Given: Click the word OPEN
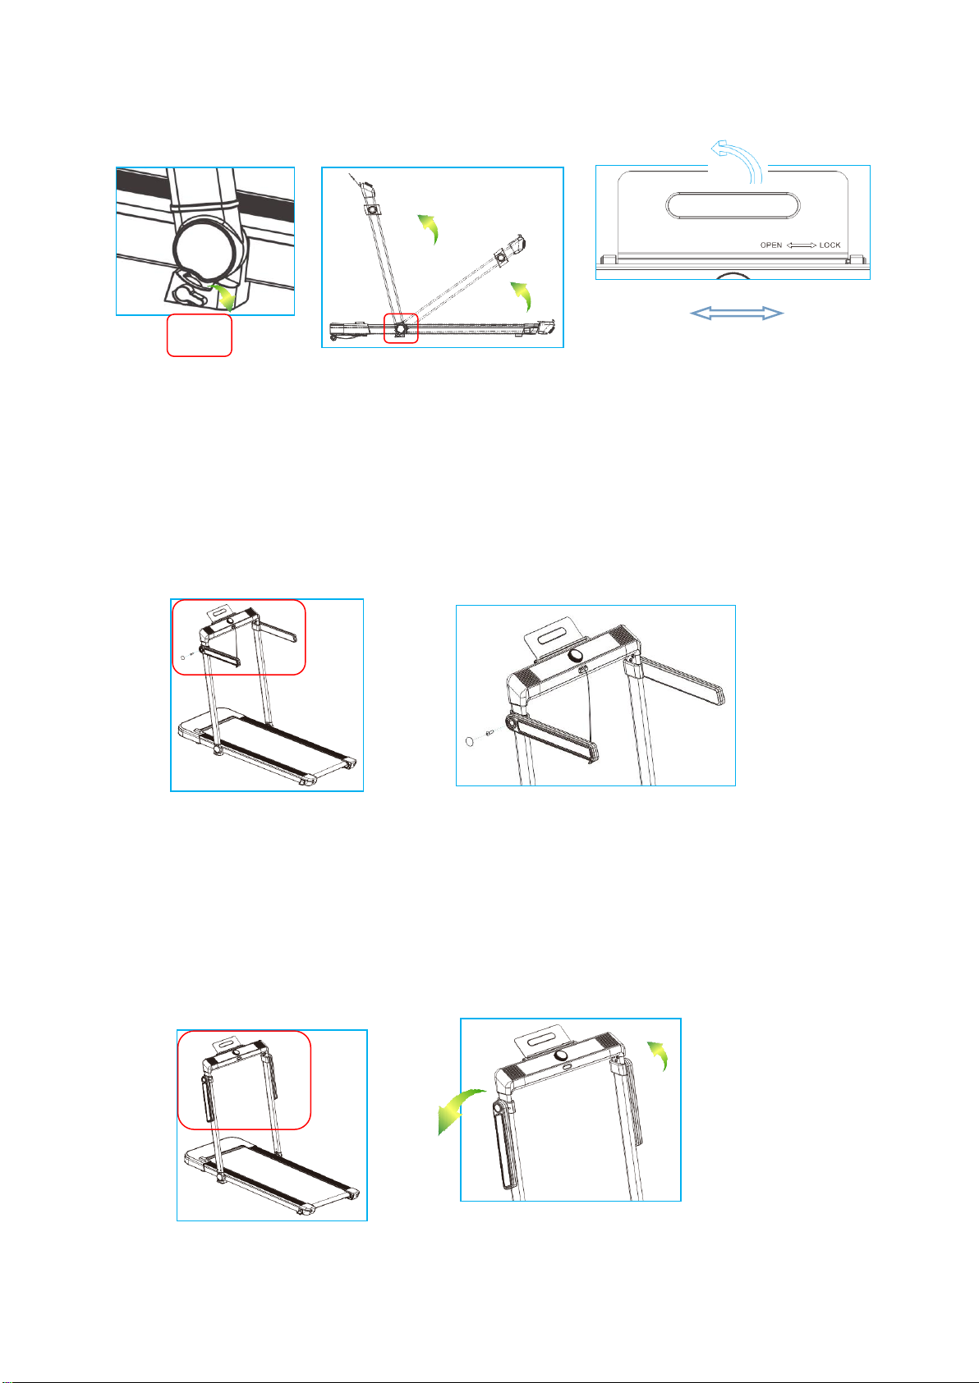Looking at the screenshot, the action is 771,245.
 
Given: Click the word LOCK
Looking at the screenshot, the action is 830,245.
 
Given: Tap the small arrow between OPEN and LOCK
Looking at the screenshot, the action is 801,245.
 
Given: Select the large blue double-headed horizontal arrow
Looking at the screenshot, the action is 736,314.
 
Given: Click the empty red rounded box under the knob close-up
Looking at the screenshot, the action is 200,335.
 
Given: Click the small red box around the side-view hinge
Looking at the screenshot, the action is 401,327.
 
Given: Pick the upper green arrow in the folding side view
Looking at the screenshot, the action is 429,227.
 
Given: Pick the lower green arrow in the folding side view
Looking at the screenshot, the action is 522,295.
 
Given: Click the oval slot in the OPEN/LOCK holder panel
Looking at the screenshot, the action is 733,205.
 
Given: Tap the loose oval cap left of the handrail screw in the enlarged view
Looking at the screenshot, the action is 470,740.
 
